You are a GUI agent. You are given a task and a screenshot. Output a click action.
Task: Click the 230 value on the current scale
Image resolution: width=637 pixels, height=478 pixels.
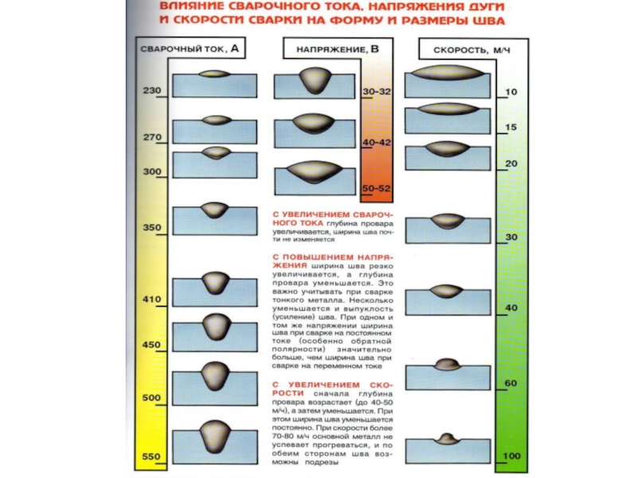[151, 91]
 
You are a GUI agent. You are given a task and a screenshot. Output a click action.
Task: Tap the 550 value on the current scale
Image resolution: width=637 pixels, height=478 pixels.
[151, 456]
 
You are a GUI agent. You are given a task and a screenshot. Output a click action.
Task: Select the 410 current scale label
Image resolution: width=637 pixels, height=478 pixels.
[151, 300]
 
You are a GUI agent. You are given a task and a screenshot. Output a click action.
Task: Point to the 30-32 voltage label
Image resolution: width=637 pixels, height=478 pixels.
[377, 92]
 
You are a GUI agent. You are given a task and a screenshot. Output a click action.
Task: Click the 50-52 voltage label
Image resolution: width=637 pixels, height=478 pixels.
[377, 188]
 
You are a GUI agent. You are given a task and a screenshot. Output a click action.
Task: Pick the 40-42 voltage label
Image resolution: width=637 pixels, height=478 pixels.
[377, 141]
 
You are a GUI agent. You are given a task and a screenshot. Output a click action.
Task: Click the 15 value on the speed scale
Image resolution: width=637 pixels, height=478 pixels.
[510, 127]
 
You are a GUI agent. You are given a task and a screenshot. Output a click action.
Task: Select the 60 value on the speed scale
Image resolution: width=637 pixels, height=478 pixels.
[510, 383]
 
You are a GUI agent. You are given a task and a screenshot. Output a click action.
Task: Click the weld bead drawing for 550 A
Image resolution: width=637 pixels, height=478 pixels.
[215, 433]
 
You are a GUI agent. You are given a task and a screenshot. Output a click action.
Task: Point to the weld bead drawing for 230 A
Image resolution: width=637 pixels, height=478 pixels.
[215, 75]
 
